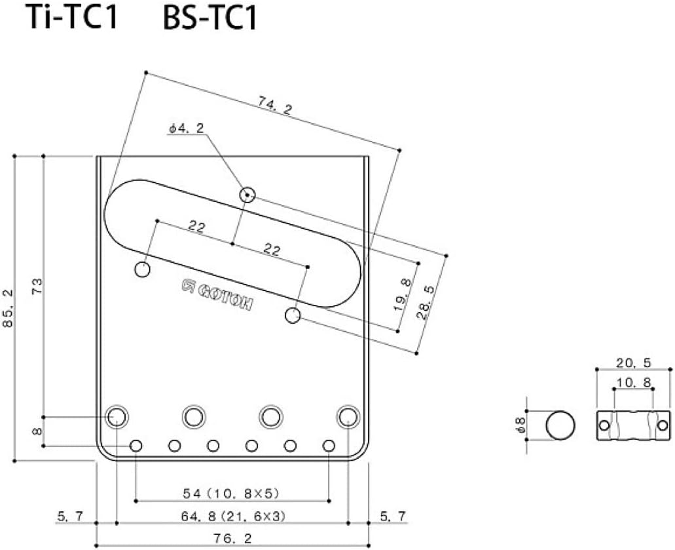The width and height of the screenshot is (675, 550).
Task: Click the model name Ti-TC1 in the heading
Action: pyautogui.click(x=71, y=18)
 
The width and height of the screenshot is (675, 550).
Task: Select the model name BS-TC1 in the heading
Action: pyautogui.click(x=210, y=18)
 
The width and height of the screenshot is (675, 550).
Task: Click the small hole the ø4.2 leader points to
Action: pyautogui.click(x=247, y=194)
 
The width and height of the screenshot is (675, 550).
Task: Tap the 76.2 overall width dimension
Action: pyautogui.click(x=232, y=538)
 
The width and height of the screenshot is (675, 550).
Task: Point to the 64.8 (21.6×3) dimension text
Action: pyautogui.click(x=232, y=515)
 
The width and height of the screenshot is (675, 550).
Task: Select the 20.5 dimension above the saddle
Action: pyautogui.click(x=634, y=362)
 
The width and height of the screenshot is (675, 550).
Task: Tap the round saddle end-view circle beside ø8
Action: pyautogui.click(x=560, y=426)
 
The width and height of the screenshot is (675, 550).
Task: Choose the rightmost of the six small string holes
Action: pyautogui.click(x=329, y=446)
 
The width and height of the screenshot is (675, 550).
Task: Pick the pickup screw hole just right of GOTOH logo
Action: pyautogui.click(x=293, y=315)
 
